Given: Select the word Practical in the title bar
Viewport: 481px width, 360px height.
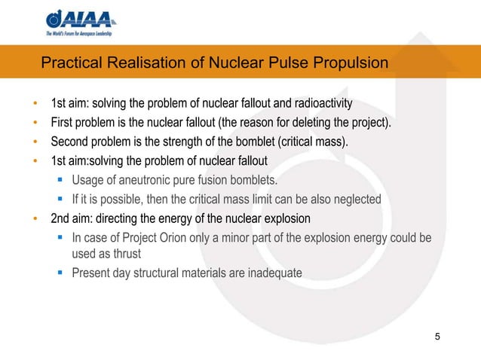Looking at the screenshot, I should [x=69, y=63].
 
